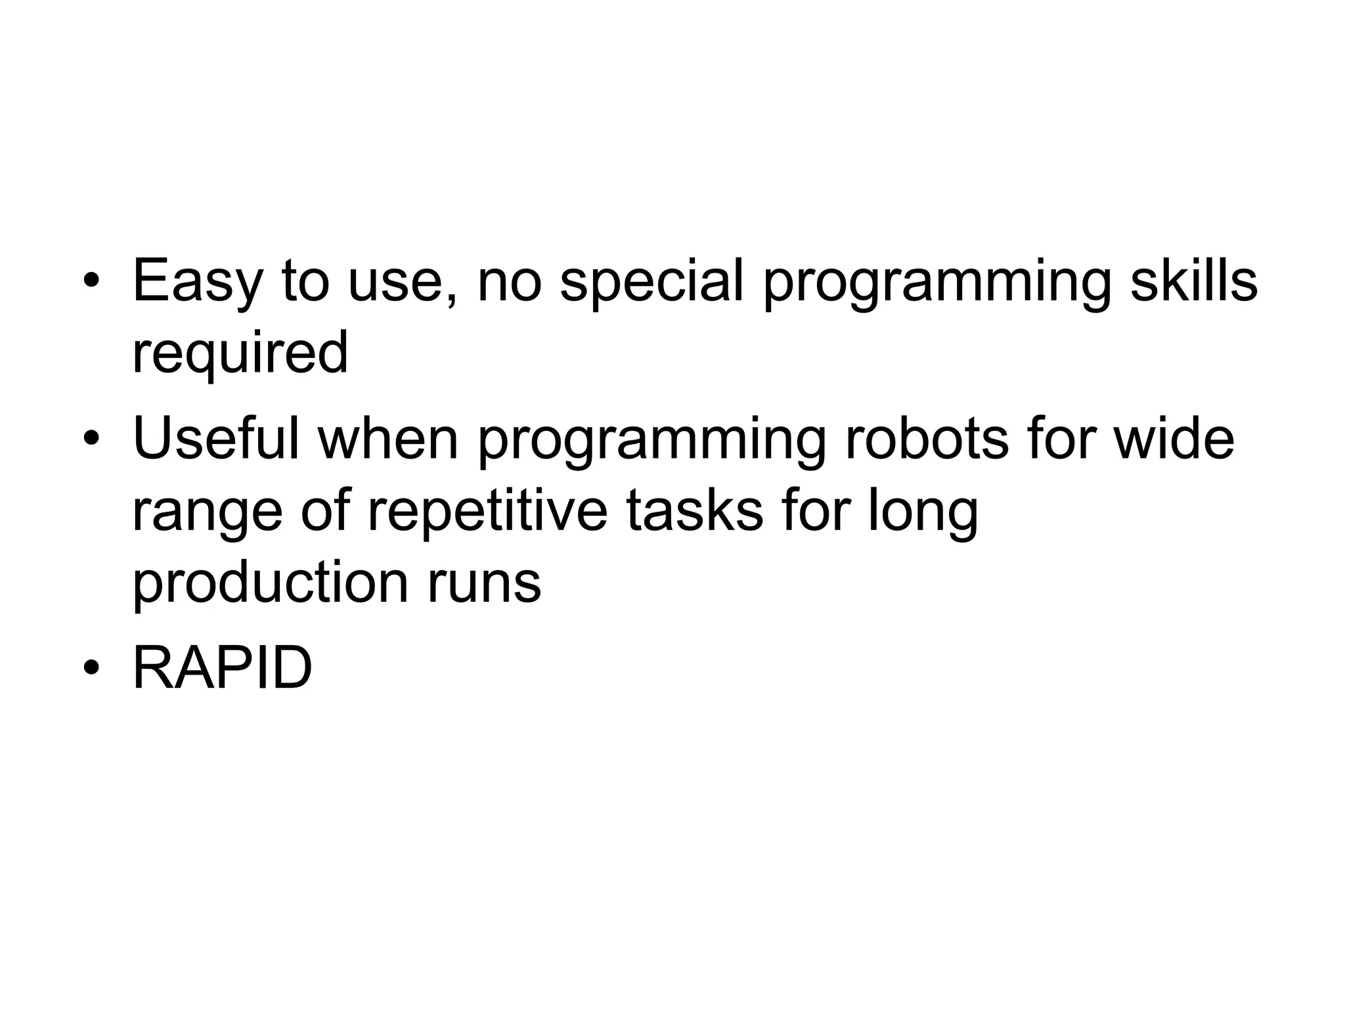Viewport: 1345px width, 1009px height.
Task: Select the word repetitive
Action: click(487, 512)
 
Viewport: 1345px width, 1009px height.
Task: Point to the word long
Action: click(923, 513)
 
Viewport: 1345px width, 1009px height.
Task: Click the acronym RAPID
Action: click(222, 668)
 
